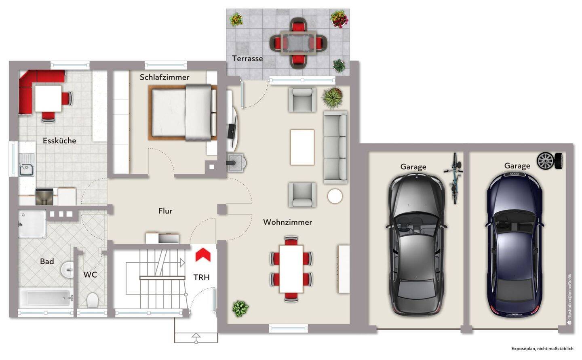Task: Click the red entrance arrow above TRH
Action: (x=203, y=255)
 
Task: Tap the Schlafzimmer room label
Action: (x=164, y=77)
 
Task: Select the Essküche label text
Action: (x=59, y=141)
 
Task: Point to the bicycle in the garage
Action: (x=454, y=178)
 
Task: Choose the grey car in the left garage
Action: (x=416, y=245)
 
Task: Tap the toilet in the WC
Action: (x=92, y=300)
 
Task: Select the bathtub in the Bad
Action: (x=46, y=298)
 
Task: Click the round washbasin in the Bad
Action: (x=67, y=269)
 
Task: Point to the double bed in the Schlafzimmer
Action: (x=183, y=112)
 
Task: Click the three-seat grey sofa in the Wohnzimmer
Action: (x=335, y=147)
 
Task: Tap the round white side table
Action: (x=335, y=196)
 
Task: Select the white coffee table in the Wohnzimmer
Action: (x=302, y=147)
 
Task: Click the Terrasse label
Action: (x=247, y=59)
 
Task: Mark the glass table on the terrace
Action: (x=298, y=42)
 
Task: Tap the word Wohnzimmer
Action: (x=288, y=222)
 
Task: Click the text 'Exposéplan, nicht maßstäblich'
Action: (x=542, y=349)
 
